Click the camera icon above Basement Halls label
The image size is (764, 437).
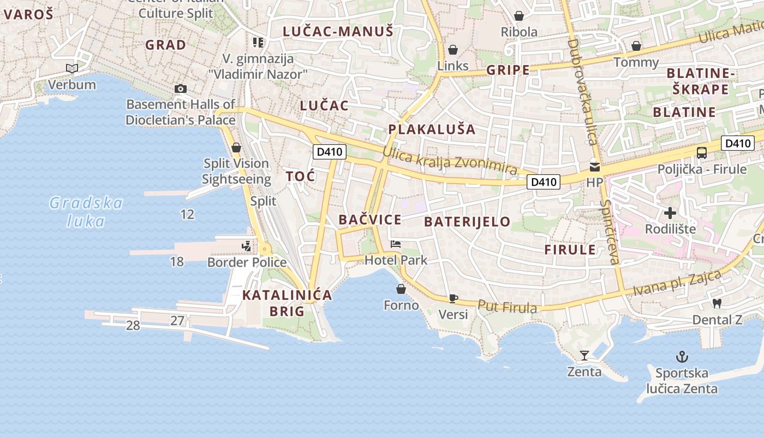pos(181,88)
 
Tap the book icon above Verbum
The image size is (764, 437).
pos(72,68)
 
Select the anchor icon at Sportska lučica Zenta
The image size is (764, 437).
pos(682,357)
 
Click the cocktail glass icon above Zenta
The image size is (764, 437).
pos(584,356)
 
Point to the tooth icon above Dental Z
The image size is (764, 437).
pos(717,303)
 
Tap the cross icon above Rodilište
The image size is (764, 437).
pos(670,213)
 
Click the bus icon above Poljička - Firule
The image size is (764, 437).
pos(702,153)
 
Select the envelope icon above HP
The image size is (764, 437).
pos(594,167)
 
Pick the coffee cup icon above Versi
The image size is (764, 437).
pos(453,298)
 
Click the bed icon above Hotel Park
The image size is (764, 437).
pos(396,244)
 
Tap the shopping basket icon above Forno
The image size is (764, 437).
pos(401,289)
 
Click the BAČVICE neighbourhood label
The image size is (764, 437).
pos(370,220)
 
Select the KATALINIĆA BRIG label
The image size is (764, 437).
pos(287,303)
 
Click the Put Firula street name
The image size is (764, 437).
pos(508,307)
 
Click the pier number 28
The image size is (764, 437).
pos(133,326)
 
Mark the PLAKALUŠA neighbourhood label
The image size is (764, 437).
pos(432,129)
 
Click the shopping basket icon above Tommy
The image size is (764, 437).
pos(636,46)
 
